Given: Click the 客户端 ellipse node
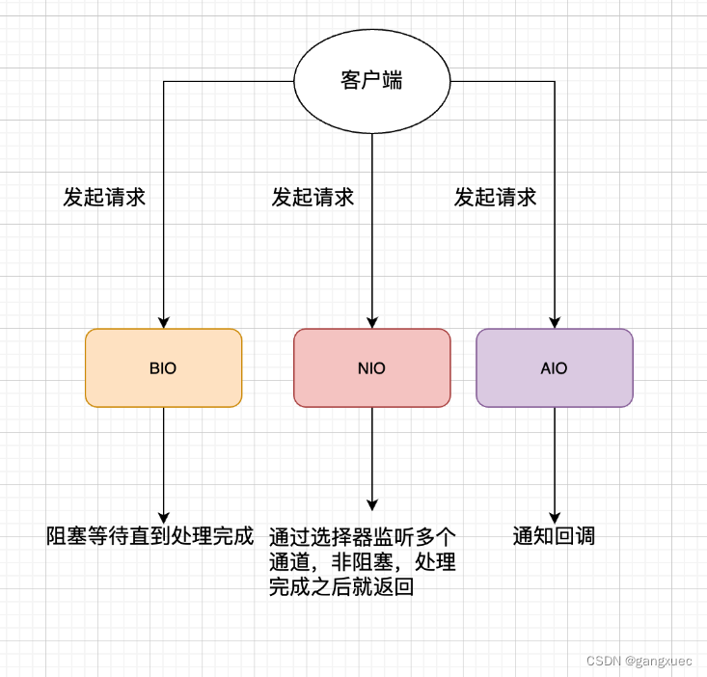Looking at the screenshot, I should click(371, 81).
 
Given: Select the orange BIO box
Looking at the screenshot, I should click(164, 367).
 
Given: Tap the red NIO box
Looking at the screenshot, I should click(371, 367).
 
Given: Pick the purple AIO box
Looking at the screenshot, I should click(555, 367).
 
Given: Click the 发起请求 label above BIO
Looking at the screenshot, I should click(104, 198).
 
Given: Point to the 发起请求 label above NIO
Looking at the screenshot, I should click(313, 198).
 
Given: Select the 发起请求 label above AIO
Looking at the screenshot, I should click(495, 198).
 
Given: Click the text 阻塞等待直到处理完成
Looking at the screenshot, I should click(150, 536).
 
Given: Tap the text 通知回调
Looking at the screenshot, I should click(554, 536).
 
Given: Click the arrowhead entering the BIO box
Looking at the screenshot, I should click(164, 322).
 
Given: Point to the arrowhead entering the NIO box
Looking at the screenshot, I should click(371, 322).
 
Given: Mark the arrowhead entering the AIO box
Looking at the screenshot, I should click(555, 322).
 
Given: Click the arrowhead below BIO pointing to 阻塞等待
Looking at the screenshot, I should click(164, 517).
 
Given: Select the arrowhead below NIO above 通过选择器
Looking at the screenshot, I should click(371, 504).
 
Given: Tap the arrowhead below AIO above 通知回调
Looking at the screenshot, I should click(555, 517).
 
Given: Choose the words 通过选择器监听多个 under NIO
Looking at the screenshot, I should click(362, 536).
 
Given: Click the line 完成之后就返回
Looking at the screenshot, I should click(341, 586).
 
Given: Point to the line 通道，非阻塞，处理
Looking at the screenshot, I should click(362, 561).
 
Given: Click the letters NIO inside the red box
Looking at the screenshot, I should click(371, 368).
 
